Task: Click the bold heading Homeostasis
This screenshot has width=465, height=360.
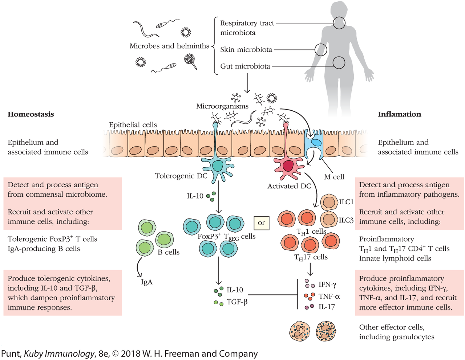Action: pyautogui.click(x=31, y=114)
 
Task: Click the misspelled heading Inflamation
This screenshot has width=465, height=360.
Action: pyautogui.click(x=399, y=114)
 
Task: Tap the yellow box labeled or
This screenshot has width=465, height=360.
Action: pyautogui.click(x=261, y=223)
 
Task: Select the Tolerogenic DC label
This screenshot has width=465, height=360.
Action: pyautogui.click(x=181, y=176)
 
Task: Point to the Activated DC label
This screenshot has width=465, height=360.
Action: pyautogui.click(x=289, y=186)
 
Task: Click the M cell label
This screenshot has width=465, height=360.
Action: pyautogui.click(x=334, y=177)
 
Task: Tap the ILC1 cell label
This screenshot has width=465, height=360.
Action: pyautogui.click(x=346, y=202)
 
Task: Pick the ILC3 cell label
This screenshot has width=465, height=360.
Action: pyautogui.click(x=346, y=220)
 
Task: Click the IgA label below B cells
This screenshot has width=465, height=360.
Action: pyautogui.click(x=147, y=282)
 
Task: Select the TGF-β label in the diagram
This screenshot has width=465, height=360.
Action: pyautogui.click(x=237, y=302)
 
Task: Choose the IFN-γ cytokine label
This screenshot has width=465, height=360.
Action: pyautogui.click(x=327, y=285)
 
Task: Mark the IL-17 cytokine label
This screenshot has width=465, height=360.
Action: pyautogui.click(x=327, y=307)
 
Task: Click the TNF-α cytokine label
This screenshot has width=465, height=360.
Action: pyautogui.click(x=329, y=296)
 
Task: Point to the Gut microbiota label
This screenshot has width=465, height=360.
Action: pyautogui.click(x=245, y=66)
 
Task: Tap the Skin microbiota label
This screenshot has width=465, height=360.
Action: pyautogui.click(x=246, y=50)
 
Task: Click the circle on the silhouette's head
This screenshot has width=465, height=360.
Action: pyautogui.click(x=339, y=23)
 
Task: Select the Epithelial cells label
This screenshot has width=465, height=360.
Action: pyautogui.click(x=133, y=125)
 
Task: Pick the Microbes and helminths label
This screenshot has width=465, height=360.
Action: pyautogui.click(x=169, y=46)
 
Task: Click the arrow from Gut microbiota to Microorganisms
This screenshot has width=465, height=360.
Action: pyautogui.click(x=247, y=83)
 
